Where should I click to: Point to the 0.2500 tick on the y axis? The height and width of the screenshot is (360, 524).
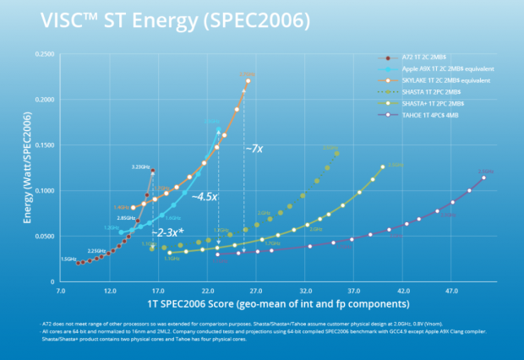click(x=42, y=54)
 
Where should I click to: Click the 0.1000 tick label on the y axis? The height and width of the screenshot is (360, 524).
click(x=42, y=191)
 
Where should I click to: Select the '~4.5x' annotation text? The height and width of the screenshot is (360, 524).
click(x=203, y=196)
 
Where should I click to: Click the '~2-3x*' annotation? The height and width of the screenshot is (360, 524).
click(x=166, y=232)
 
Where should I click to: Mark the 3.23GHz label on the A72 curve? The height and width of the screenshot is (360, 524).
click(x=140, y=167)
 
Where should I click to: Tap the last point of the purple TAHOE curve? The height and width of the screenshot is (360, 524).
click(x=483, y=177)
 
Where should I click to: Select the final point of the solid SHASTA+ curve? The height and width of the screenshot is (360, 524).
click(x=382, y=167)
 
